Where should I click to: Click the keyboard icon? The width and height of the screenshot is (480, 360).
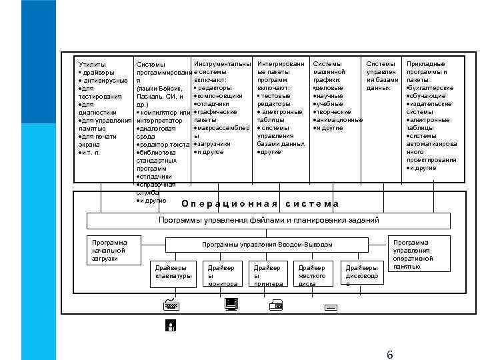[171, 305]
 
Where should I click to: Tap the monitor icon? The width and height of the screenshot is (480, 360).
[231, 305]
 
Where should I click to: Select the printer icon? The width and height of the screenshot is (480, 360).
[276, 305]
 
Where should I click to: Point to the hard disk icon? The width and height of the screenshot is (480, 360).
[330, 307]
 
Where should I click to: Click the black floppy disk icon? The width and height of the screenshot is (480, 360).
[171, 326]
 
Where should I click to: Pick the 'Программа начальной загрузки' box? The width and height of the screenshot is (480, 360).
[110, 250]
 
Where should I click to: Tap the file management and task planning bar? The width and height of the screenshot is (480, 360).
[268, 220]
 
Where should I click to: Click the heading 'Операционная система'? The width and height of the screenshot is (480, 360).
[261, 204]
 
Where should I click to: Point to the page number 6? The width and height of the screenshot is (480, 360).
[390, 353]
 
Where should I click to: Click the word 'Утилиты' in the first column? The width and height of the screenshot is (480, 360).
[92, 64]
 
